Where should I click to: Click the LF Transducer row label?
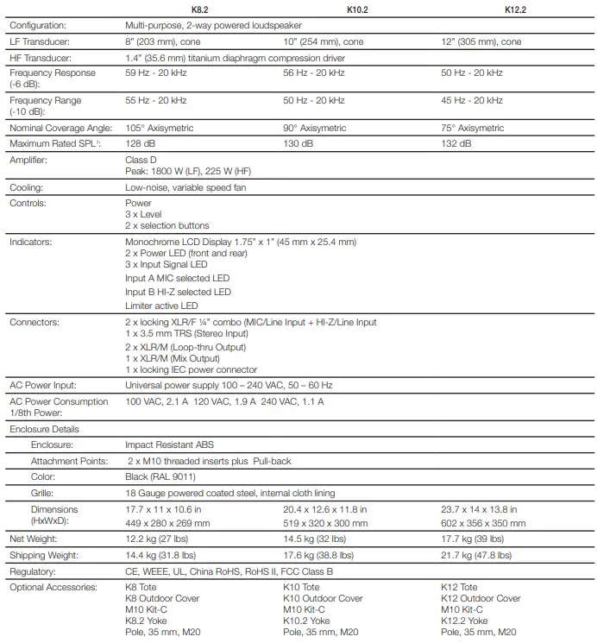(40, 41)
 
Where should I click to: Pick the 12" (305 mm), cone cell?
(481, 41)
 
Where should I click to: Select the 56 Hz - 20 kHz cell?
(314, 73)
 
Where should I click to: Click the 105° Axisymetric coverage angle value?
(160, 128)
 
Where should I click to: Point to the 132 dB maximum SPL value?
(456, 143)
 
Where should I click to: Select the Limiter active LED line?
(161, 306)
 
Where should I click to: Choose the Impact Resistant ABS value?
(170, 445)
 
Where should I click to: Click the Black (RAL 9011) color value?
(160, 476)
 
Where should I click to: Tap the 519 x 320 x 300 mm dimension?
(325, 522)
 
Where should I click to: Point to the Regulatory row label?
(33, 571)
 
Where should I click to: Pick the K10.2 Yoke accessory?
(307, 621)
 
